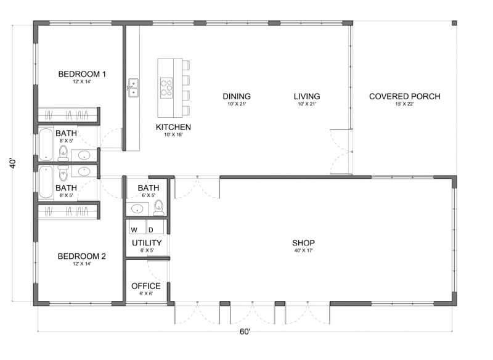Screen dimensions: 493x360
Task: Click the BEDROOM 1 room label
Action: click(82, 74)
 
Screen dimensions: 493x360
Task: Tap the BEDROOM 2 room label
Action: click(82, 256)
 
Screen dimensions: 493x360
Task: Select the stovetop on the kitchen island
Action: click(166, 87)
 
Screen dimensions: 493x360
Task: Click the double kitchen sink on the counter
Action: click(133, 88)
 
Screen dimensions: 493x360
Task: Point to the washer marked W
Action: click(137, 227)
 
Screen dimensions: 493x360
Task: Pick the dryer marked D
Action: click(155, 227)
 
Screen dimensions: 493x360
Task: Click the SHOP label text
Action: click(303, 243)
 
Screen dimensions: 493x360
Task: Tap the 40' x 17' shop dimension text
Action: click(303, 251)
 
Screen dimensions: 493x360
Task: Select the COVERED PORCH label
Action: click(405, 96)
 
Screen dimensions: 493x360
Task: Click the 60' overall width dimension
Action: click(245, 332)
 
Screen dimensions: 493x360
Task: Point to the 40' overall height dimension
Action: click(12, 163)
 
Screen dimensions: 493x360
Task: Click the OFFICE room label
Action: click(146, 286)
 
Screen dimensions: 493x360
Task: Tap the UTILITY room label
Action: click(147, 243)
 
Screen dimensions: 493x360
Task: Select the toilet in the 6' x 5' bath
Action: click(159, 208)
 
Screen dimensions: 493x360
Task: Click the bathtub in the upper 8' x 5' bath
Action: click(46, 144)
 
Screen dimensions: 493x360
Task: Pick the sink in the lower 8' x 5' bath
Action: click(84, 171)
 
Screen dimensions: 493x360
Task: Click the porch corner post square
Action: click(454, 23)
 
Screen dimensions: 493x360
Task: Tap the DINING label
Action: click(237, 96)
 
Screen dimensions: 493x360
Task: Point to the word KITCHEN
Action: click(173, 127)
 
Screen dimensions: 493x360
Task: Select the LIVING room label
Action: click(307, 96)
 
